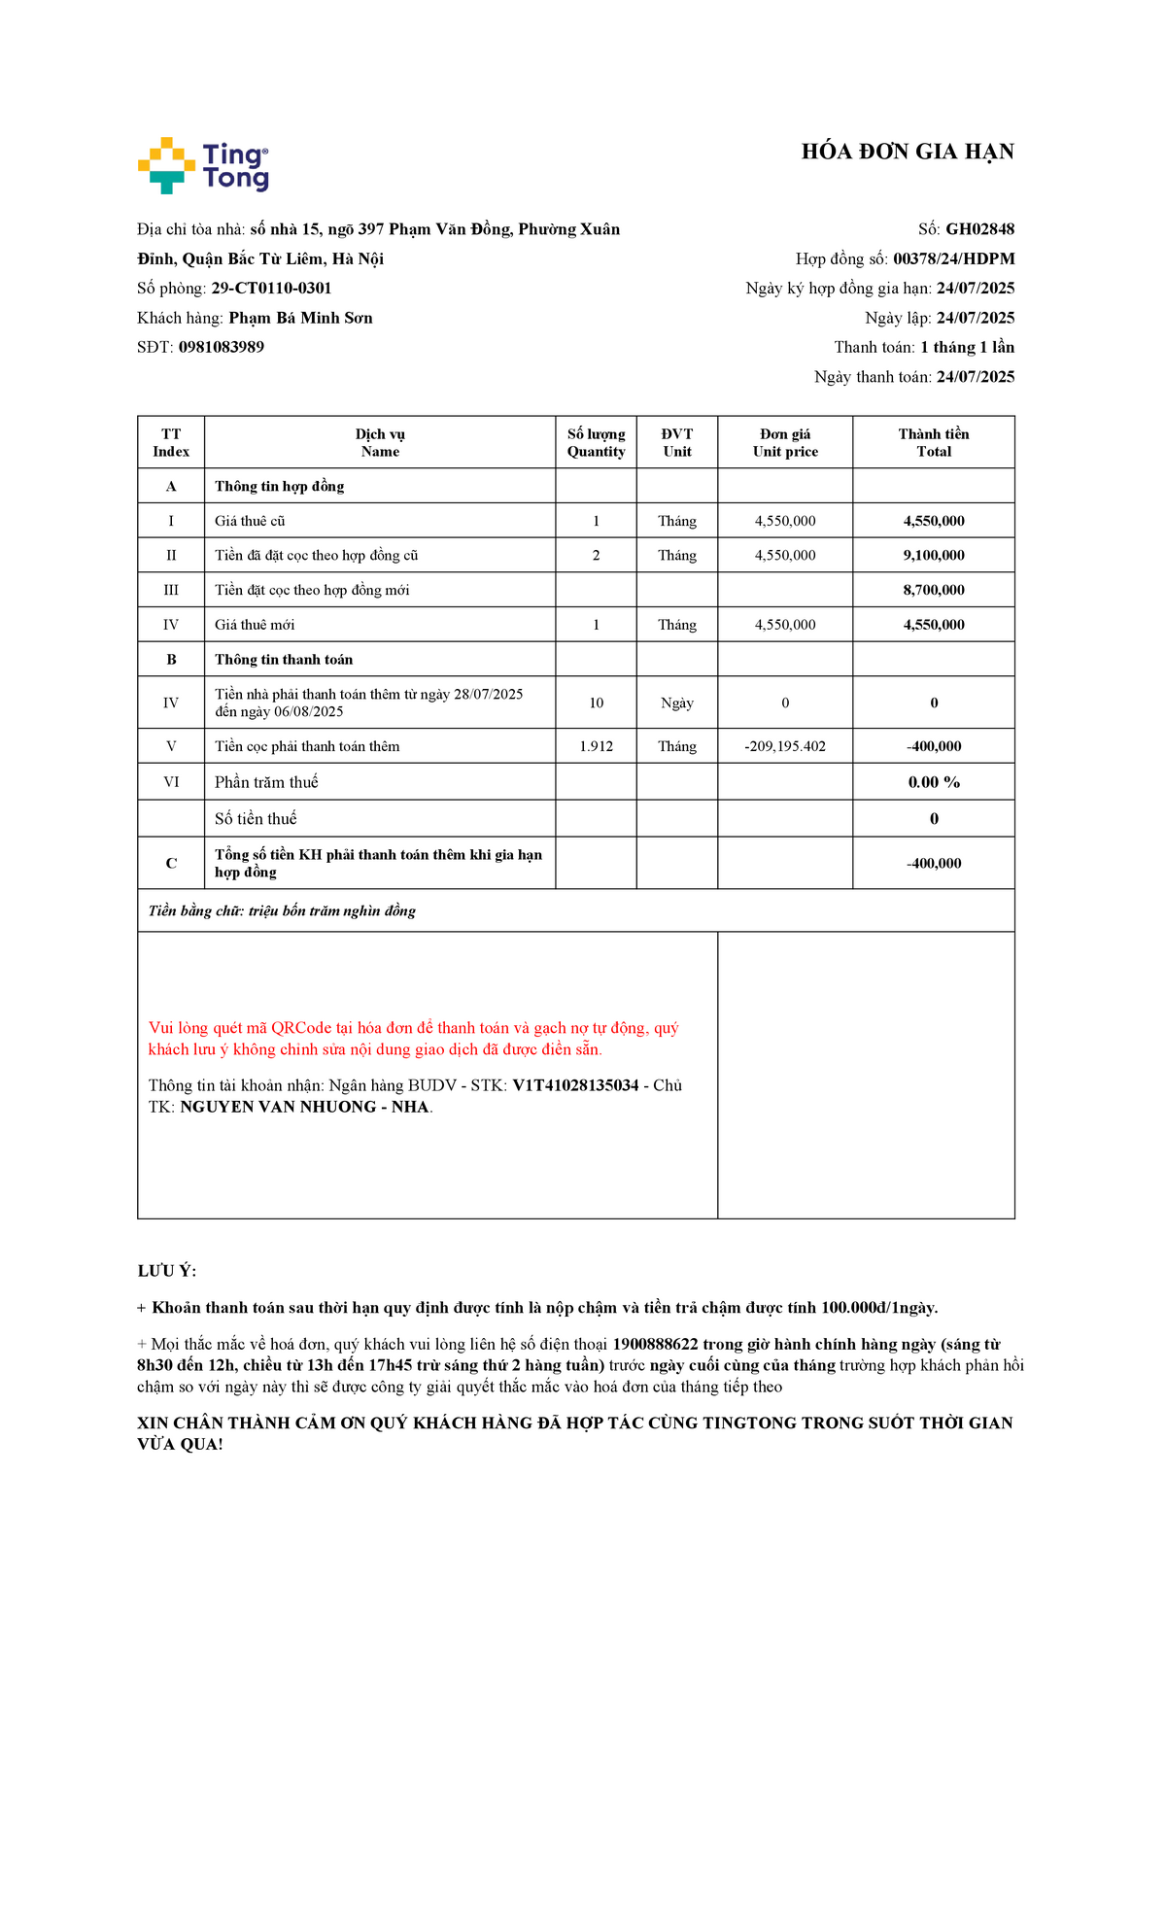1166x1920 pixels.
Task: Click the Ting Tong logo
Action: coord(203,165)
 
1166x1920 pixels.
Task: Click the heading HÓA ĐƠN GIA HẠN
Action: coord(907,152)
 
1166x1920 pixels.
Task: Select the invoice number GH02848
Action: coord(979,229)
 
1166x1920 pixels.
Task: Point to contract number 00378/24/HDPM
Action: coord(953,258)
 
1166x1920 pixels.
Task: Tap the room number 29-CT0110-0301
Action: coord(271,289)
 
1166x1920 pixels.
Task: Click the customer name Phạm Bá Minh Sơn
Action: coord(300,318)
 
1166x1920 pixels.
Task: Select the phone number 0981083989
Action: coord(221,347)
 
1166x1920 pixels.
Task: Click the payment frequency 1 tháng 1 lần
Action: coord(967,347)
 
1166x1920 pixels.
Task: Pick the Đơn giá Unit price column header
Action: coord(785,442)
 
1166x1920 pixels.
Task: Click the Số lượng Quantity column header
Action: coord(596,442)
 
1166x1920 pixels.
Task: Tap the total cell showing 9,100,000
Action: coord(933,555)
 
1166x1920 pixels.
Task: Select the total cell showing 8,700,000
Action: coord(933,590)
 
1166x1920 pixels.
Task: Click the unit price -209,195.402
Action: coord(785,746)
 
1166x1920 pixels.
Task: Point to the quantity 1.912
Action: coord(596,746)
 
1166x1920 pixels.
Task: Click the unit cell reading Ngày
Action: coord(677,703)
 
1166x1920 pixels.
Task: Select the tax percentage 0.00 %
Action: coord(933,782)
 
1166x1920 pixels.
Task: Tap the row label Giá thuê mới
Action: coord(255,625)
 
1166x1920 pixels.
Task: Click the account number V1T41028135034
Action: coord(575,1085)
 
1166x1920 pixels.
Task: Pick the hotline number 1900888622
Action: coord(655,1345)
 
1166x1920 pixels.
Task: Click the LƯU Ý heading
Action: coord(166,1271)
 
